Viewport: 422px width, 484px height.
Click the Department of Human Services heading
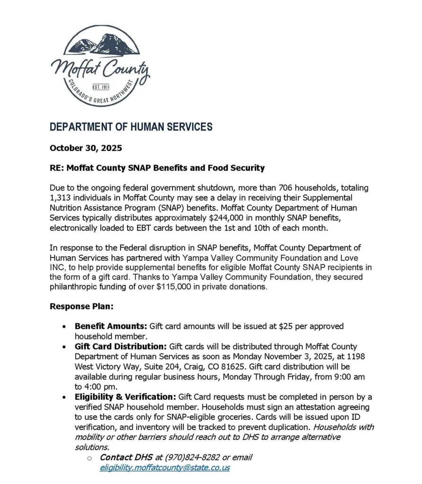[131, 127]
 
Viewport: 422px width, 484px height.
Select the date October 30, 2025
[86, 148]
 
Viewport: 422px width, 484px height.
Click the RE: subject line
[157, 168]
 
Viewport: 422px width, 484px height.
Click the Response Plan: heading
[81, 306]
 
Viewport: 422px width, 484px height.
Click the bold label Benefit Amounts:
[111, 327]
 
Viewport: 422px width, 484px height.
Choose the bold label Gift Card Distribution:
[121, 347]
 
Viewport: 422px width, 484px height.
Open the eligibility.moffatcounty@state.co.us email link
[164, 467]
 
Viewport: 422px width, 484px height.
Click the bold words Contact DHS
[126, 458]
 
